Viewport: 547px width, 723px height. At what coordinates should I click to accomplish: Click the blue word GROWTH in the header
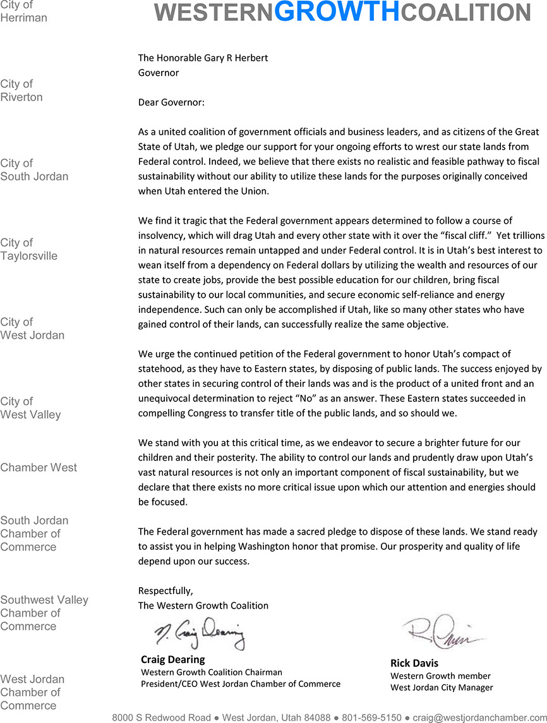point(338,11)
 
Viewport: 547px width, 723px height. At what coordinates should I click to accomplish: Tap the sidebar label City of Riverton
point(21,90)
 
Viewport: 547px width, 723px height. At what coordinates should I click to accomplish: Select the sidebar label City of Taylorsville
point(28,249)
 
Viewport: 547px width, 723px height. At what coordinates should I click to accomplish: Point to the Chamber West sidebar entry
point(39,468)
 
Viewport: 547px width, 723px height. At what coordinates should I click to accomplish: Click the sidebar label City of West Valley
point(30,408)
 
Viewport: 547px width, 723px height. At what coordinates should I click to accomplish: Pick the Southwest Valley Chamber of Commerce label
point(44,613)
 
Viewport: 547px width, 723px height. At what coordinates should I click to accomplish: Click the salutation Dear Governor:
point(171,102)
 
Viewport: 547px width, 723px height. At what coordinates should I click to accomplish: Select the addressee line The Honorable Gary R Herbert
point(203,58)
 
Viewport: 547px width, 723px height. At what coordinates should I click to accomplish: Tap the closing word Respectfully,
point(165,591)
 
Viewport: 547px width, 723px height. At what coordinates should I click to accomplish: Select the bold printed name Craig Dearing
point(172,660)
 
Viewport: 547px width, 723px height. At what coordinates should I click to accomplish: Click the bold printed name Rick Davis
point(414,664)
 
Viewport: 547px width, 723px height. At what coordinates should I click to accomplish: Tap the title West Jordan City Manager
point(442,688)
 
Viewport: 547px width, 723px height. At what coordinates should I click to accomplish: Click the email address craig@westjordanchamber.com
point(476,717)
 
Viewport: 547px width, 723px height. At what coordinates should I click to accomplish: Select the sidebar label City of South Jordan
point(34,170)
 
